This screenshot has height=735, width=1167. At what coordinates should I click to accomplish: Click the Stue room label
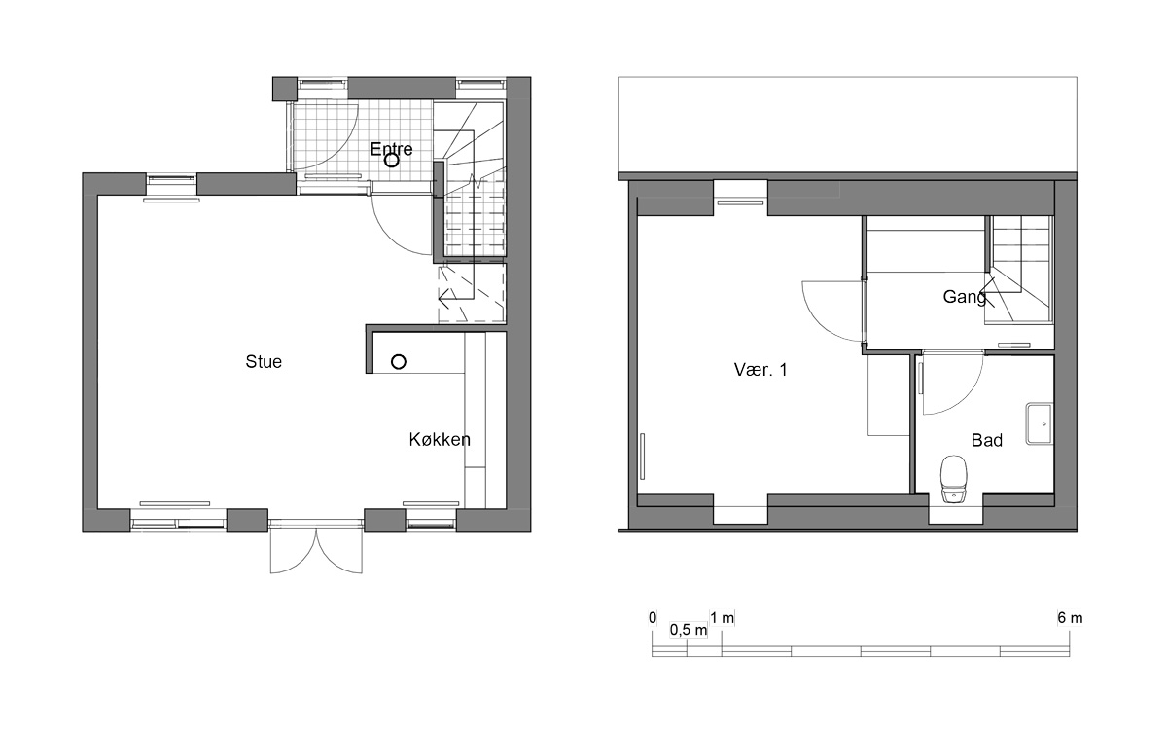coord(264,361)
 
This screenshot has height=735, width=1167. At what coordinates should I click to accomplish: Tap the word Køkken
coord(440,440)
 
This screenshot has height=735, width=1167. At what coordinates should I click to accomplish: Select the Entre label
coord(391,149)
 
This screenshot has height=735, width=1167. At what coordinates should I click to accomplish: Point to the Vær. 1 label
coord(760,370)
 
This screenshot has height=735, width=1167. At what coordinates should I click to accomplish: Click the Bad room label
coord(987,440)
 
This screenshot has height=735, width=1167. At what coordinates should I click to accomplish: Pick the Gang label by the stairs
coord(965,297)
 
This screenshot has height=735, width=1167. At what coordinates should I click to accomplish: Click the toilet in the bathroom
coord(953,479)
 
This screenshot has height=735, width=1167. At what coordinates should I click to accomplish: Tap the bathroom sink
coord(1039,423)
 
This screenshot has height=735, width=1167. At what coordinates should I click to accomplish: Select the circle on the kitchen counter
coord(399,361)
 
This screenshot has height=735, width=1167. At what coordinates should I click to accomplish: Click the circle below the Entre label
coord(391,161)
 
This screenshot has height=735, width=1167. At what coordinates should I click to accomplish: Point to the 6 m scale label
coord(1070,618)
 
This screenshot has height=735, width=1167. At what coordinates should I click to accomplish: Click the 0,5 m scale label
coord(689,630)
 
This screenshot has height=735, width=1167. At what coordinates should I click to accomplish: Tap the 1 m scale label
coord(722,618)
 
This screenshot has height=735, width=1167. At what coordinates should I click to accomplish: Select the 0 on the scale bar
coord(653,618)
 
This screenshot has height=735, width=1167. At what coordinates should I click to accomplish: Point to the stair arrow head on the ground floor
coord(443,301)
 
